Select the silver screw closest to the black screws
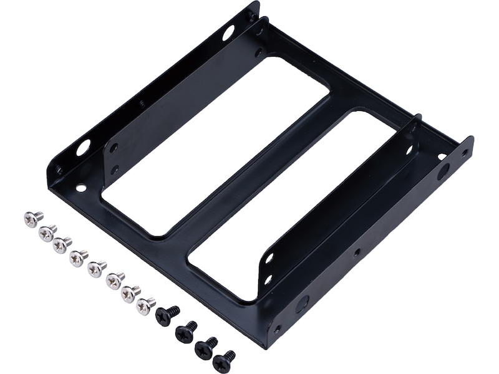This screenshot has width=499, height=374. coord(145,306)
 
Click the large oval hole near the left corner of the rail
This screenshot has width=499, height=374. coord(83,148)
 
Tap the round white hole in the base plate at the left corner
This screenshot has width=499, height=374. coord(81,187)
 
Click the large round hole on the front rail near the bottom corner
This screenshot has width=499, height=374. coord(302,304)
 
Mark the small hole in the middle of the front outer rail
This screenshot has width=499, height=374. coord(356,252)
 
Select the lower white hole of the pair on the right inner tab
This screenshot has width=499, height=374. coord(268,279)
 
